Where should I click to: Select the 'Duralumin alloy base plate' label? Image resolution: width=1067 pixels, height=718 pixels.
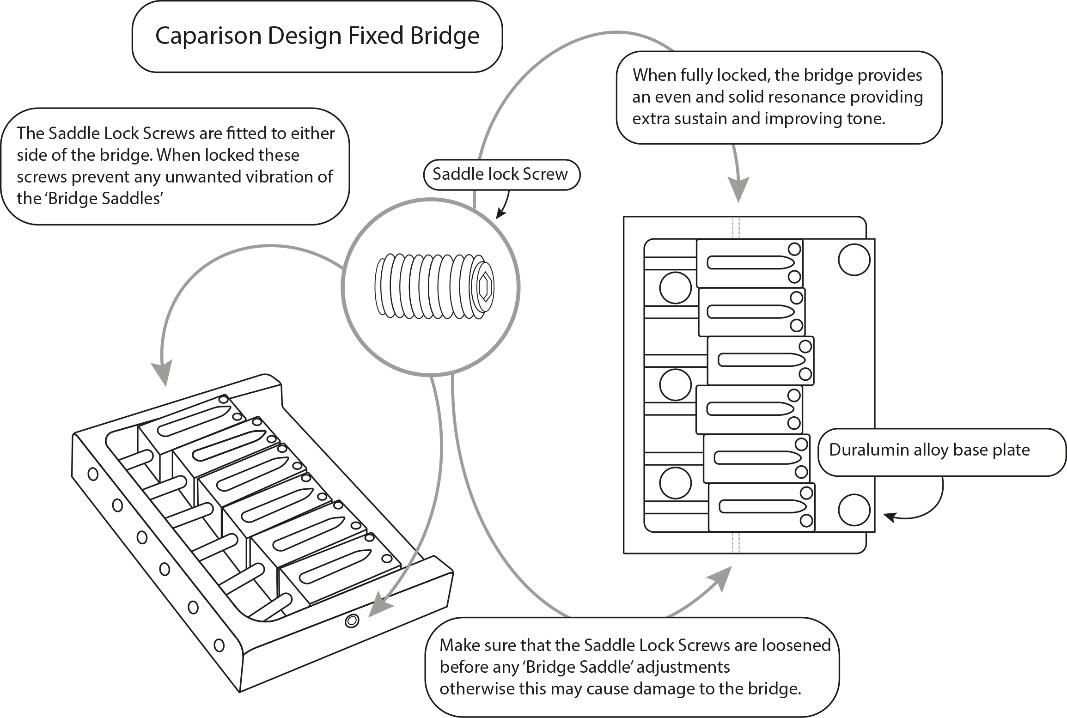pyautogui.click(x=930, y=450)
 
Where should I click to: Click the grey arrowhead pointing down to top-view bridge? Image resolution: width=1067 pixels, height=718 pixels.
pyautogui.click(x=738, y=190)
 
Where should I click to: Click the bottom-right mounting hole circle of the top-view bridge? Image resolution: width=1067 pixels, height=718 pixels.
pyautogui.click(x=854, y=509)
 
